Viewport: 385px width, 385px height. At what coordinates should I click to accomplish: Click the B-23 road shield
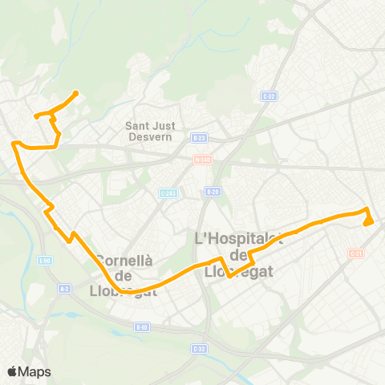point(200,138)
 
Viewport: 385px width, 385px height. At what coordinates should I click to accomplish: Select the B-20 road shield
point(213,192)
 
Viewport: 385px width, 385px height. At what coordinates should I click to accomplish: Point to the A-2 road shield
point(65,290)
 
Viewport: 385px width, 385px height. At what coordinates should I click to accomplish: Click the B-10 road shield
point(142,326)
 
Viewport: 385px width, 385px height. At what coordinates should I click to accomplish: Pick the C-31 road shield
point(356,253)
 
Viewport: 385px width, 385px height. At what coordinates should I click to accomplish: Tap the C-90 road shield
point(46,259)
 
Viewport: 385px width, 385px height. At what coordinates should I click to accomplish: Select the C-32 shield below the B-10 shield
point(198,349)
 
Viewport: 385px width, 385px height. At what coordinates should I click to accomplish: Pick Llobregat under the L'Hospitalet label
point(239,271)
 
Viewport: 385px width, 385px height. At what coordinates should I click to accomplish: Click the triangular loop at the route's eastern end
point(368,220)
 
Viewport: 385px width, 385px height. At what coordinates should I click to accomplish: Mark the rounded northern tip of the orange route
point(75,93)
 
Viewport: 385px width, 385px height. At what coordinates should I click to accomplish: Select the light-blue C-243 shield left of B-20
point(167,192)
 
